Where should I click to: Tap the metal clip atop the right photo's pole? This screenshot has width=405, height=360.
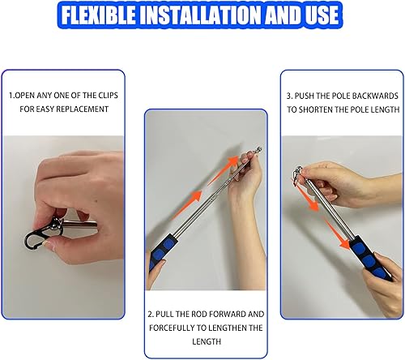[x=297, y=172]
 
